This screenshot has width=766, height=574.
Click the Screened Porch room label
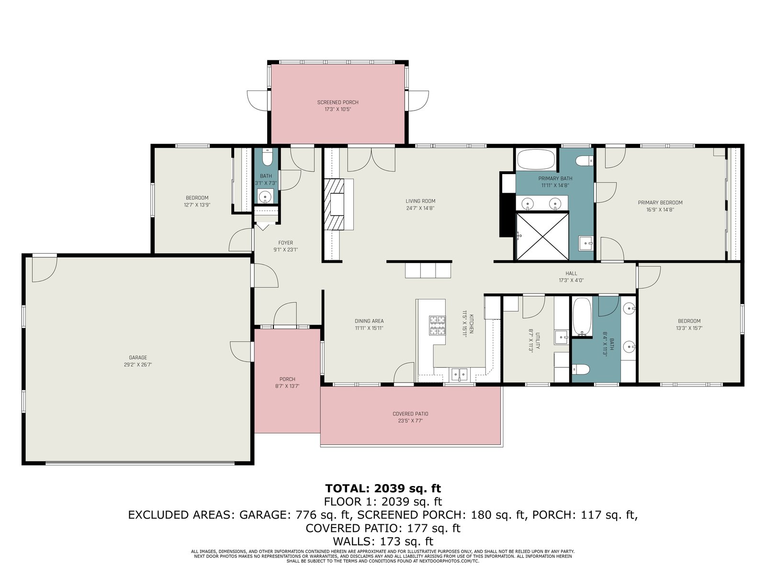338,102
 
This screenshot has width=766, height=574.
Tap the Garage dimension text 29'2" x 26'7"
138,364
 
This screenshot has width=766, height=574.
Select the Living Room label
420,201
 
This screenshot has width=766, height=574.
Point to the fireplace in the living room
334,204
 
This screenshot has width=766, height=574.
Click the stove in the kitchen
437,325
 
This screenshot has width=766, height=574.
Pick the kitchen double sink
459,374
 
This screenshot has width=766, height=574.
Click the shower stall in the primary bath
542,237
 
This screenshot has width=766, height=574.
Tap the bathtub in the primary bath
536,160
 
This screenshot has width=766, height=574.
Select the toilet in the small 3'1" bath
267,157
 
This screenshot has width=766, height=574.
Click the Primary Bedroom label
660,202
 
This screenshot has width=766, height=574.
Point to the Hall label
571,273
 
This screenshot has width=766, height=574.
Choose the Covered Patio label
410,414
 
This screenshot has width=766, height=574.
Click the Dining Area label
369,321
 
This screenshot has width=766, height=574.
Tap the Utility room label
538,341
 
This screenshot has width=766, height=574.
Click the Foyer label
285,243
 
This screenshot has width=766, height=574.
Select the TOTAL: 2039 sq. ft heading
383,488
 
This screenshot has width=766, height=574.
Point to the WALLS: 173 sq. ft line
383,541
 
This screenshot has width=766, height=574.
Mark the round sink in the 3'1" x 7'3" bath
266,196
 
